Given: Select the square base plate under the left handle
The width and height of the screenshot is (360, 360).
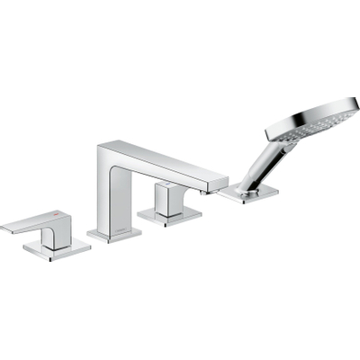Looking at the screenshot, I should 59,249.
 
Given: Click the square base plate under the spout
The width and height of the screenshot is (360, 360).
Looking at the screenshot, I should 114,235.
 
